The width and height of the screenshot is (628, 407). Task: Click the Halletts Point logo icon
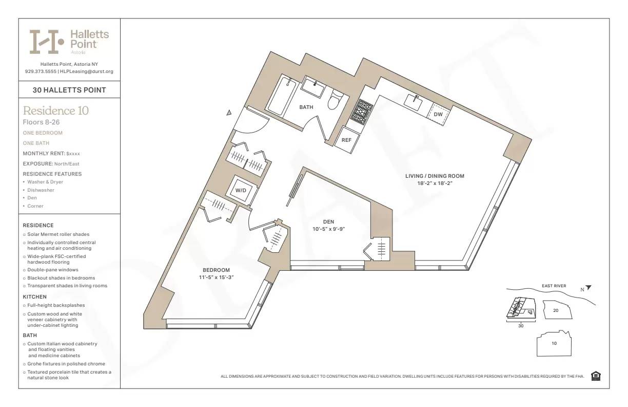46,42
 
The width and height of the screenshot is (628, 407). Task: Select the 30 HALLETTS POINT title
69,90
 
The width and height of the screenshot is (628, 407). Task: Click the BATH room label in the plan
306,107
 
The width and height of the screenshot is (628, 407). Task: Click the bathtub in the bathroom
281,96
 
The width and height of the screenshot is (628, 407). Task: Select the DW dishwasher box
438,114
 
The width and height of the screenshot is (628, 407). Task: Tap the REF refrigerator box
347,140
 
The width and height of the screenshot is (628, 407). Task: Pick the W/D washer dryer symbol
241,191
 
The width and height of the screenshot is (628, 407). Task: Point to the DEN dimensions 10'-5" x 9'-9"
329,229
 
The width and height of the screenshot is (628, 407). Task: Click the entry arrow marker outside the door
229,113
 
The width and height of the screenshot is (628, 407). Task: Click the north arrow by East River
588,288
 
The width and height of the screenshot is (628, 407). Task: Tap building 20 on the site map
556,310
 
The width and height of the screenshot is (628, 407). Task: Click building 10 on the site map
554,343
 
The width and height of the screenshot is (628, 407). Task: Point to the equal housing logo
596,376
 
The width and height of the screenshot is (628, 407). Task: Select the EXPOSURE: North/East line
51,164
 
